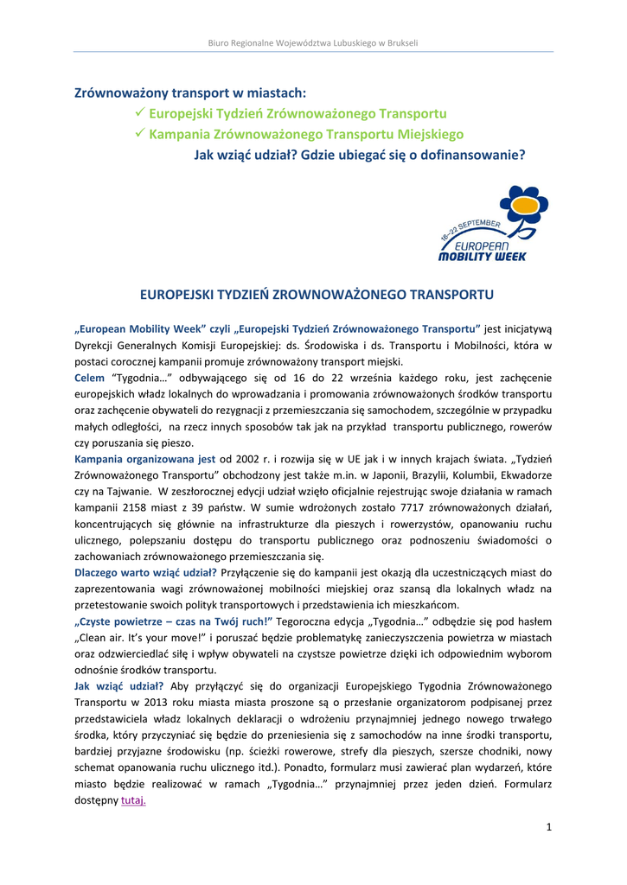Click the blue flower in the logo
click(x=516, y=203)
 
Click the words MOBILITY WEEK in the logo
click(x=482, y=256)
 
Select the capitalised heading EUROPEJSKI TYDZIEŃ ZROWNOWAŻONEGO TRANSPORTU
click(x=317, y=295)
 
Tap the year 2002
click(x=254, y=458)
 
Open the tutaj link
click(x=133, y=800)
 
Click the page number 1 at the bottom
click(x=548, y=827)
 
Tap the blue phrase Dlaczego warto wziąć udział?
click(x=145, y=572)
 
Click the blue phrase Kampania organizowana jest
click(x=145, y=458)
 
